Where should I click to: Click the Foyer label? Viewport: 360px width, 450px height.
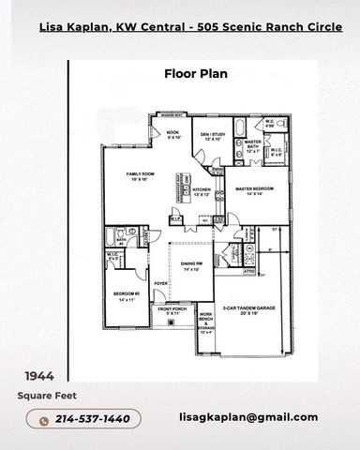pyautogui.click(x=160, y=282)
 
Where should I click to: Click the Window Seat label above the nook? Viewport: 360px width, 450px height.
pyautogui.click(x=171, y=112)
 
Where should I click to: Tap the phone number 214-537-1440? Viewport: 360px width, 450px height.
pyautogui.click(x=93, y=418)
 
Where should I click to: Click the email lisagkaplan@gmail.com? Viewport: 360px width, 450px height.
pyautogui.click(x=247, y=417)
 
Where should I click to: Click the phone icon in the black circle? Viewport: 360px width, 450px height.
pyautogui.click(x=42, y=418)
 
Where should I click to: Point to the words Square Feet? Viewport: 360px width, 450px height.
pyautogui.click(x=39, y=397)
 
